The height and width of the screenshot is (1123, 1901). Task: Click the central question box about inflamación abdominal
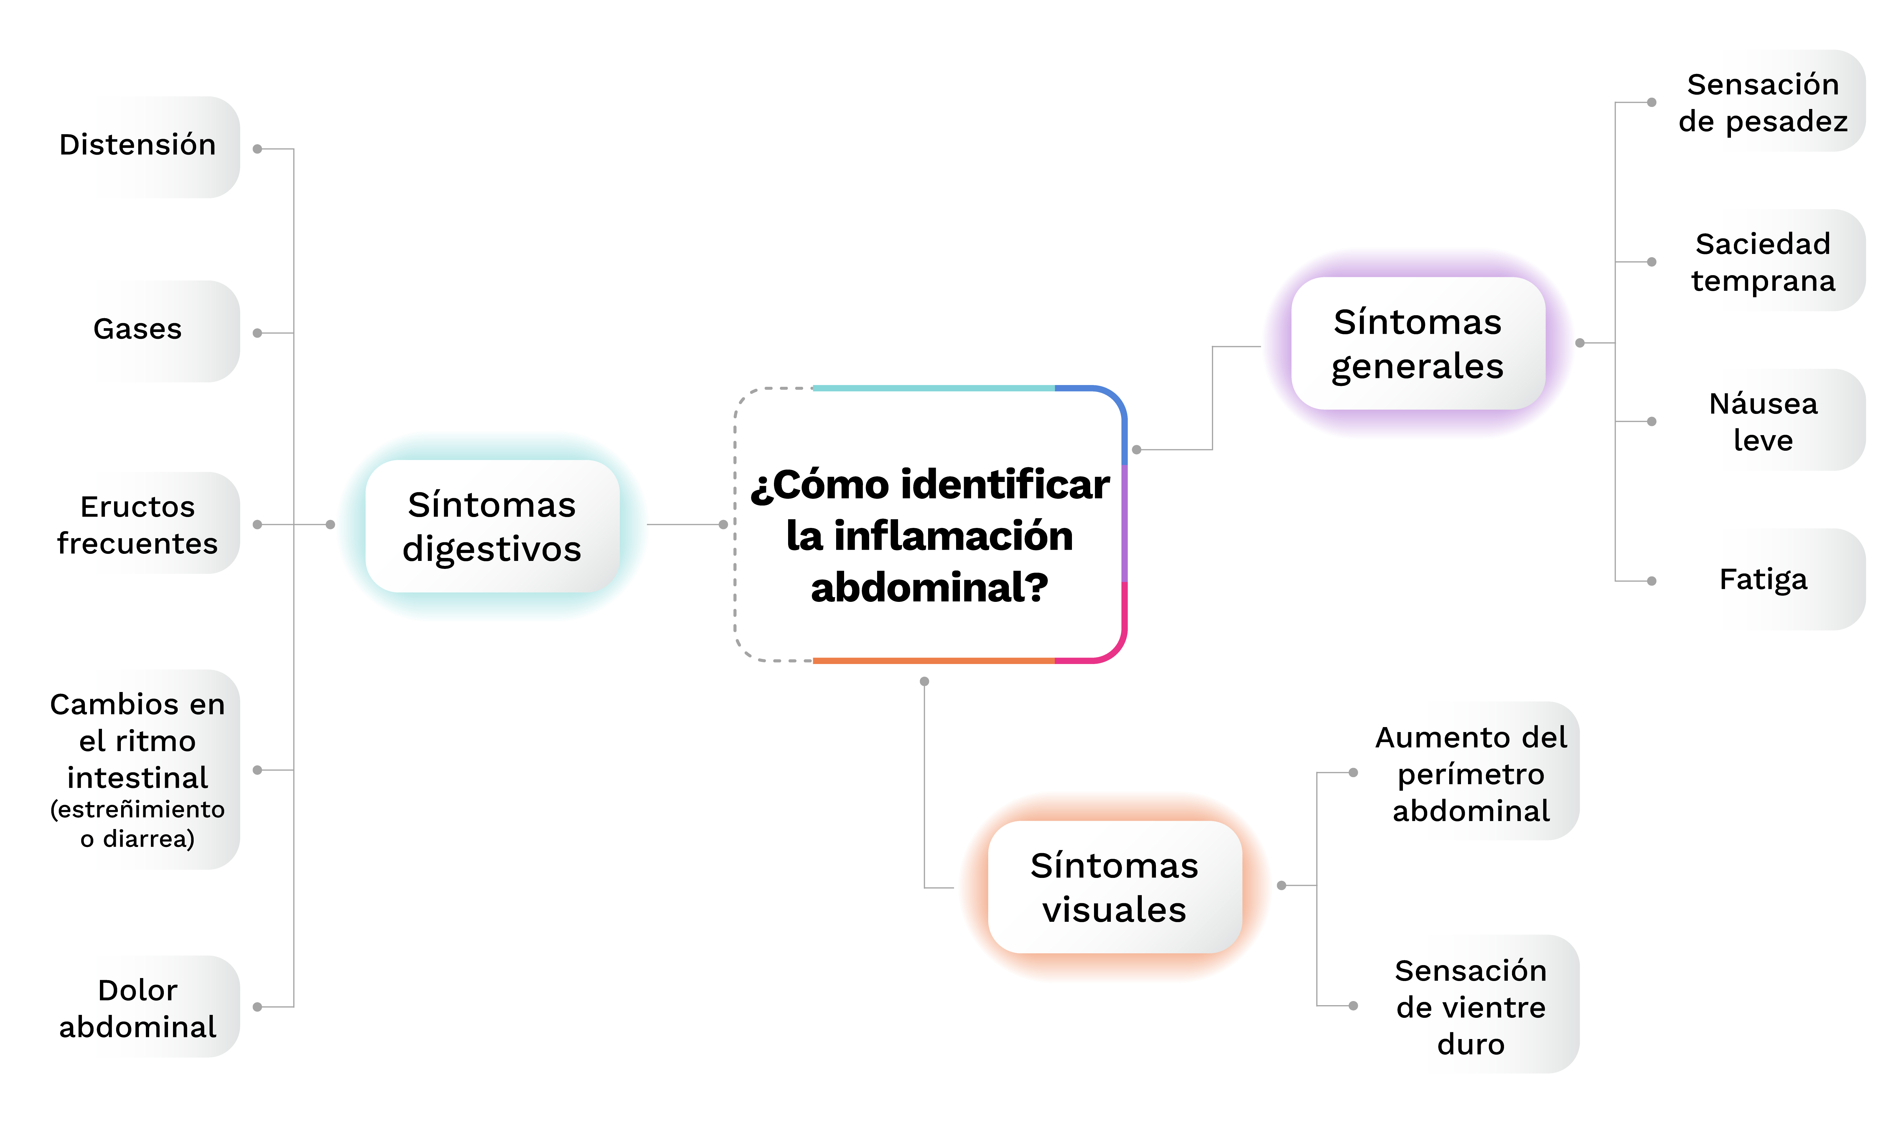[930, 524]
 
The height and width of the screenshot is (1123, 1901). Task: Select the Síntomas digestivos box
[492, 527]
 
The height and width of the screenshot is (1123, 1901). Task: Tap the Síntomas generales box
[1417, 343]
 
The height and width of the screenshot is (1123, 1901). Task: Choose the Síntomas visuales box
[1114, 887]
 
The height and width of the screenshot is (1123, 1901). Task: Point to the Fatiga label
[1762, 580]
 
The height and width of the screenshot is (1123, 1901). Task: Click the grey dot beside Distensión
[257, 149]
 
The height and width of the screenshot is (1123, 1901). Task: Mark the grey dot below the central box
[924, 682]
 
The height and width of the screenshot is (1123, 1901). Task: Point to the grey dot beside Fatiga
[1652, 581]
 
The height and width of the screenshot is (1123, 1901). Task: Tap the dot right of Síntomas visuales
[1282, 885]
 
